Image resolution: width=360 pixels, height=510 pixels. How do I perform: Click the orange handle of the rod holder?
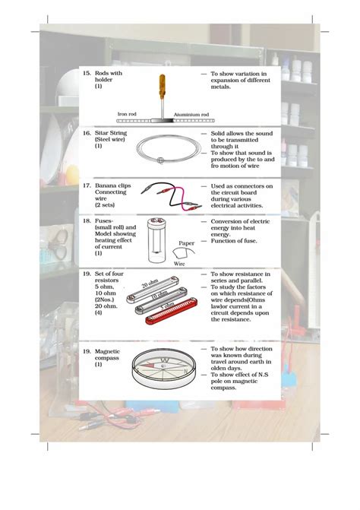coord(162,86)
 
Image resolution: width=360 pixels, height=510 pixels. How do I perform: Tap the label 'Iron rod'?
coord(127,114)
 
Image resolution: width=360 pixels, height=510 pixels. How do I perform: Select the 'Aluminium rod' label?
coord(191,115)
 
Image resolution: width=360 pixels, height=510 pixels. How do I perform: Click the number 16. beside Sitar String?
coord(87,133)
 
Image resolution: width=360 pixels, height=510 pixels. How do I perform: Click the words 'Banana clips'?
coord(112,185)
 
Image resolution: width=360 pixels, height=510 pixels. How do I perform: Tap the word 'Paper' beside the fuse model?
coord(186,243)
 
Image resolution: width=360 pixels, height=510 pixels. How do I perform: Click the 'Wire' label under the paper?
coord(179,264)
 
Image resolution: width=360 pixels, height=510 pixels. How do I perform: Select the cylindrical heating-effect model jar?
coord(157,240)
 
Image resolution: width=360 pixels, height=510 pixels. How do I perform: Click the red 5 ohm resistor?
coord(172,311)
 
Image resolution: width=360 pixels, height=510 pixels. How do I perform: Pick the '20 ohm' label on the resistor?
coord(150,284)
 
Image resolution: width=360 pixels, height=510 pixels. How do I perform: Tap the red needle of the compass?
coord(148,366)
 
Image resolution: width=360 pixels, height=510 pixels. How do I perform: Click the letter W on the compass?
coord(165,360)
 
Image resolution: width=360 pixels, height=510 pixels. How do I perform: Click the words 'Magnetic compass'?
coord(107,355)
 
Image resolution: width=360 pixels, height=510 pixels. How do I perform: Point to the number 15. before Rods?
coord(87,73)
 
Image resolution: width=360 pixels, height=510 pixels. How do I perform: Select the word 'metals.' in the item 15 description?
coord(220,87)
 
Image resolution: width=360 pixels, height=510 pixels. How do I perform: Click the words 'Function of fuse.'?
coord(234,241)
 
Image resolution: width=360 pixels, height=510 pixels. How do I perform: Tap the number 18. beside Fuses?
coord(87,221)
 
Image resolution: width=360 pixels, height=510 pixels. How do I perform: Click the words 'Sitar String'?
coord(111,133)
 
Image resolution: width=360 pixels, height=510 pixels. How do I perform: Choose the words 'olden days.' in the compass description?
coord(226,368)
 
